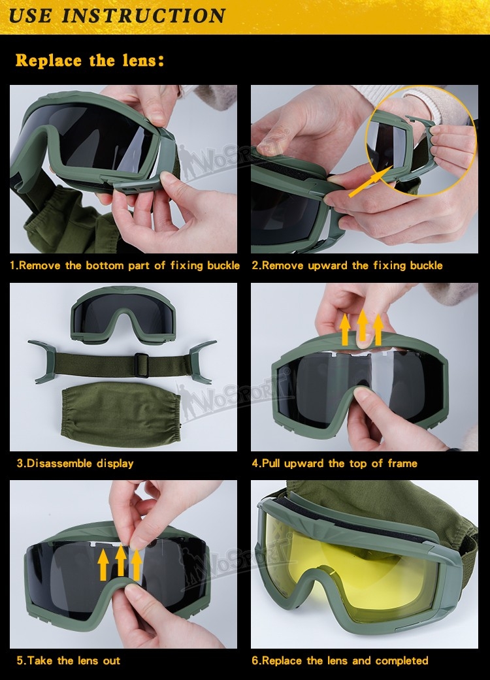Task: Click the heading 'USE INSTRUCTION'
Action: click(118, 15)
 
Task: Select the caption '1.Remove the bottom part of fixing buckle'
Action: click(125, 266)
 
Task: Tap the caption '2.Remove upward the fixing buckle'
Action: click(347, 266)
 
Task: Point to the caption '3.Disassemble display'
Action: click(75, 464)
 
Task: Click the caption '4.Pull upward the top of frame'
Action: click(335, 464)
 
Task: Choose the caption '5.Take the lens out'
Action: click(69, 661)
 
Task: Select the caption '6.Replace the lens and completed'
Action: click(340, 661)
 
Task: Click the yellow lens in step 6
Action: click(340, 562)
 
